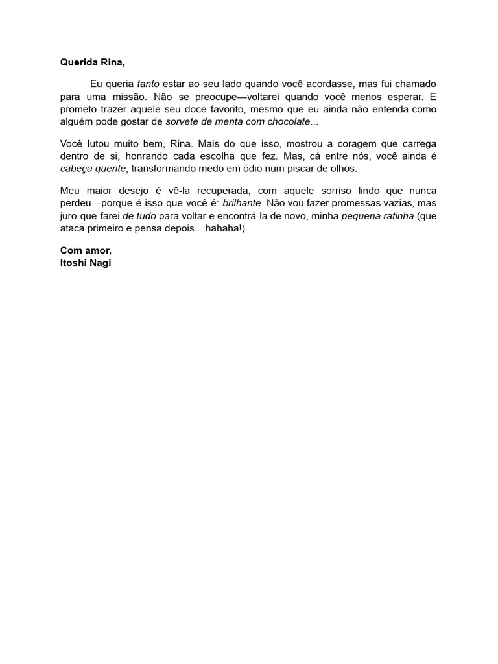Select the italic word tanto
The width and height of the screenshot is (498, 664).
pos(148,84)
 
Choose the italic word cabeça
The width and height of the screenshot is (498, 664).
pos(77,168)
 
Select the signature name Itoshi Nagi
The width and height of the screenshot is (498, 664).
pos(86,262)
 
